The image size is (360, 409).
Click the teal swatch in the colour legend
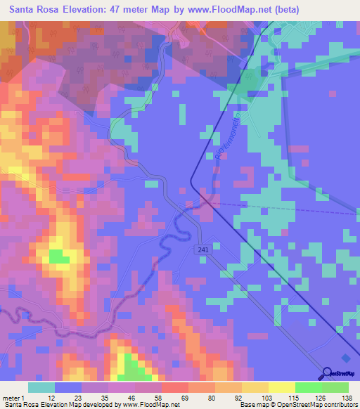(41, 387)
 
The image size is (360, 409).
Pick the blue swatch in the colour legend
(68, 387)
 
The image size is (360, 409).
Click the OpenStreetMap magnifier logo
(327, 374)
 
